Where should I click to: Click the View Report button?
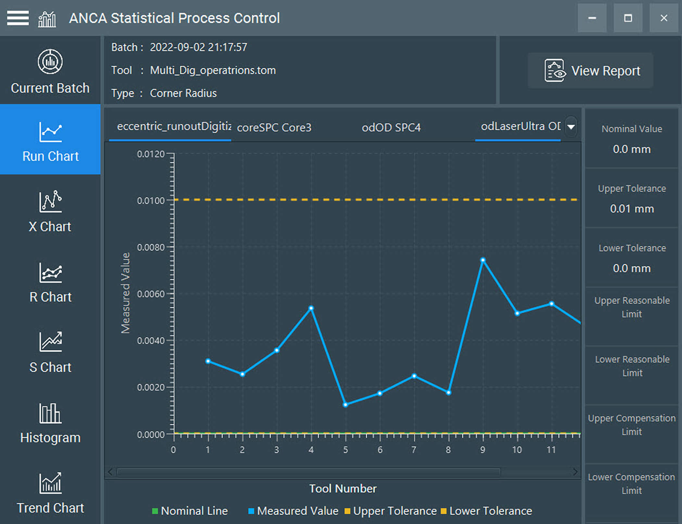[x=590, y=70]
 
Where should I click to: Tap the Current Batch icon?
[x=50, y=62]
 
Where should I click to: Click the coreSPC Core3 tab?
[x=274, y=127]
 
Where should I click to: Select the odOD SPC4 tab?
[x=391, y=127]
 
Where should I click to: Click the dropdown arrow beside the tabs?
[x=571, y=127]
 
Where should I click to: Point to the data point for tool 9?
[x=483, y=260]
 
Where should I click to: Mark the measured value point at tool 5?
[x=346, y=405]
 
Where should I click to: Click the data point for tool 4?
[x=311, y=308]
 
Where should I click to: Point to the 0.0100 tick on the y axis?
[x=151, y=201]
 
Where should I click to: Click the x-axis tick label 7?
[x=414, y=450]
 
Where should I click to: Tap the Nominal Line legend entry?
[x=190, y=511]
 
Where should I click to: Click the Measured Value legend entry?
[x=293, y=511]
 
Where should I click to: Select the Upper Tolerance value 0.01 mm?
[x=632, y=209]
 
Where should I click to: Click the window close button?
[x=664, y=18]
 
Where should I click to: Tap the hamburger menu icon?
[x=18, y=18]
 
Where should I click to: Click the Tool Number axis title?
[x=343, y=489]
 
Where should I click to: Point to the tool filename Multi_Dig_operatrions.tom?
[x=213, y=70]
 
